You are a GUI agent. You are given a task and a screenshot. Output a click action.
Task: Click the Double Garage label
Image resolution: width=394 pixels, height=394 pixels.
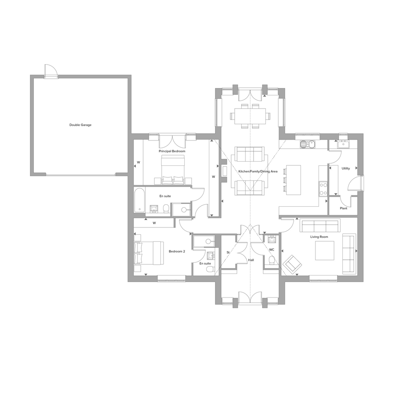tap(80, 125)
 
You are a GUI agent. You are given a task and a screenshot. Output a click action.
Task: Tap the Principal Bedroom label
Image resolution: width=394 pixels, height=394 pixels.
tap(172, 151)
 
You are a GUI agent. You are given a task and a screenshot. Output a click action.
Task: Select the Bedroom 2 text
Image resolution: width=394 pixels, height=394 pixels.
tap(177, 251)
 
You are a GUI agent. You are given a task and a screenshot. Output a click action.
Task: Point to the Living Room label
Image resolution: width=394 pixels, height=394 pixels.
tap(319, 237)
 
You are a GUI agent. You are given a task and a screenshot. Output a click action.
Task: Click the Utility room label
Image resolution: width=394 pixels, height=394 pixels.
tap(346, 169)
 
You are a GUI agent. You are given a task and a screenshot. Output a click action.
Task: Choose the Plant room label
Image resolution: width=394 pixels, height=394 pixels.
tap(344, 208)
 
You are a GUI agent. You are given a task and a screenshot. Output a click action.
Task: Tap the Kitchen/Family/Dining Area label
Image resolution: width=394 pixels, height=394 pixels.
tap(258, 171)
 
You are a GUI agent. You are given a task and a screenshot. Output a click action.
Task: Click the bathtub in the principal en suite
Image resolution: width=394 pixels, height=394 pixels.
tap(139, 200)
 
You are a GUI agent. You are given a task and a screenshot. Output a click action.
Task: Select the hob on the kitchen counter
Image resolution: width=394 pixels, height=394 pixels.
tap(323, 189)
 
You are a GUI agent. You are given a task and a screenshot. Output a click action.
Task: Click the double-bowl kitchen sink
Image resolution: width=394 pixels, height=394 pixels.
tap(307, 144)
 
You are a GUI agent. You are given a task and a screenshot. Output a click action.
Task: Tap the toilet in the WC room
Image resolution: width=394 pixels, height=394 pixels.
tap(271, 260)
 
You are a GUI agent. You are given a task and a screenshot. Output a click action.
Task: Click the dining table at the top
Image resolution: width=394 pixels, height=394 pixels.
tap(250, 116)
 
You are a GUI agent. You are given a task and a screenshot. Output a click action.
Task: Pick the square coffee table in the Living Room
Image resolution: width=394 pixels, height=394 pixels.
tap(325, 250)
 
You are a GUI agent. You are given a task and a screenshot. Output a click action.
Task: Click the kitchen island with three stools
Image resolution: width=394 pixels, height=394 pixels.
tap(294, 180)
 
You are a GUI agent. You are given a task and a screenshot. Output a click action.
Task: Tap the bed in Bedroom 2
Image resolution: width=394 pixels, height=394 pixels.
tap(149, 253)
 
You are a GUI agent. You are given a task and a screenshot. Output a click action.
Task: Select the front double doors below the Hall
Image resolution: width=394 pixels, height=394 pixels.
tap(250, 297)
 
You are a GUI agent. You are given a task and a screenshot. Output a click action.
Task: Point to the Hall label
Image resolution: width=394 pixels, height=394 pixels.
tap(251, 260)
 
